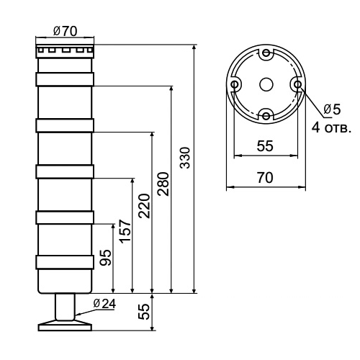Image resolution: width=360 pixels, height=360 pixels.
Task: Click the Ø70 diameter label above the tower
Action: [x=66, y=32]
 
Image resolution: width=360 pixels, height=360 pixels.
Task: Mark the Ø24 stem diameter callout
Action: [x=104, y=303]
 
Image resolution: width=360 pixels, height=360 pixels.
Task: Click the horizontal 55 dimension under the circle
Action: [x=265, y=145]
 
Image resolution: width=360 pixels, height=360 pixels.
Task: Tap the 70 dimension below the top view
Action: [x=265, y=178]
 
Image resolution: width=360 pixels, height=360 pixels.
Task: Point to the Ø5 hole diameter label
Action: [x=332, y=109]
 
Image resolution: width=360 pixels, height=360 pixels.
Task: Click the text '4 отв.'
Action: [x=331, y=128]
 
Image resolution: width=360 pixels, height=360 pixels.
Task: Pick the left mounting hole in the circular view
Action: [x=235, y=84]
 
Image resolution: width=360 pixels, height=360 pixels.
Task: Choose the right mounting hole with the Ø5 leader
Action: [x=297, y=84]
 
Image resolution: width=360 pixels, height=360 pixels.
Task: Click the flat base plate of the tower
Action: [x=65, y=325]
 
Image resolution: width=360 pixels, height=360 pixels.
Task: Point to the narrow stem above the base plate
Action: [x=65, y=307]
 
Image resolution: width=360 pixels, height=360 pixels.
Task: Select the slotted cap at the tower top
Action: [x=65, y=51]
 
